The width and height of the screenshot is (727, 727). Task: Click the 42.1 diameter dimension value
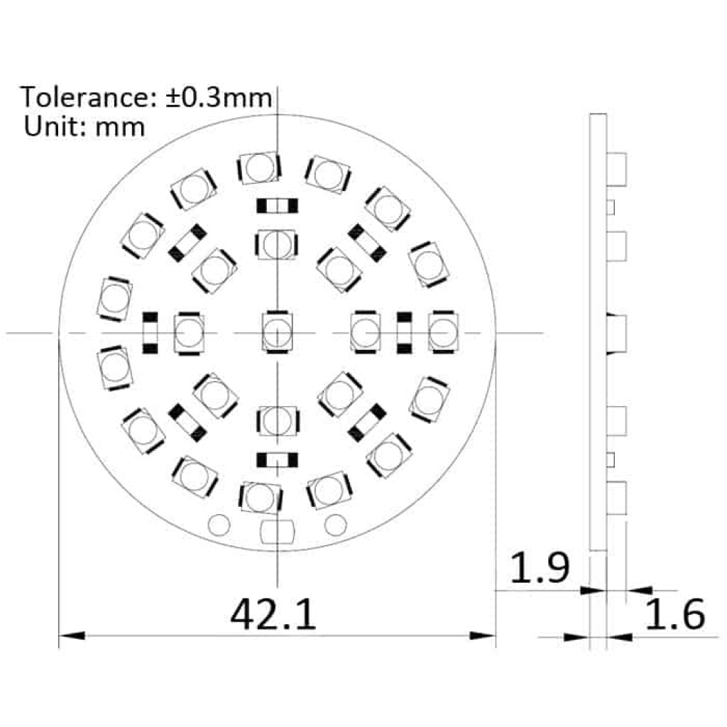pyautogui.click(x=273, y=614)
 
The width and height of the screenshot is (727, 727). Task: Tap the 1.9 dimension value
pyautogui.click(x=540, y=569)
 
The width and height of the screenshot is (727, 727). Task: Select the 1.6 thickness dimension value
pyautogui.click(x=674, y=614)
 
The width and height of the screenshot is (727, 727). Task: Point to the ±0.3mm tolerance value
pyautogui.click(x=219, y=97)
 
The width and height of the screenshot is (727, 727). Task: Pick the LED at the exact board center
pyautogui.click(x=276, y=332)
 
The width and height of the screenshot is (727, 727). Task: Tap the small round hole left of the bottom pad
pyautogui.click(x=220, y=524)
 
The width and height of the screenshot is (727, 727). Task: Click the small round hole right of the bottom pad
pyautogui.click(x=335, y=524)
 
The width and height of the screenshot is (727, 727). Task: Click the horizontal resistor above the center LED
pyautogui.click(x=276, y=207)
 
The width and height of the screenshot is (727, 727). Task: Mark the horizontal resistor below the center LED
pyautogui.click(x=276, y=460)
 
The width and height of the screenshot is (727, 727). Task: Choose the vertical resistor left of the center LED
pyautogui.click(x=150, y=332)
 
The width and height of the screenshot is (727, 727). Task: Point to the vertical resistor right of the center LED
pyautogui.click(x=404, y=332)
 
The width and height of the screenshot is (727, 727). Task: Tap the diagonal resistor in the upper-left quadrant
pyautogui.click(x=187, y=243)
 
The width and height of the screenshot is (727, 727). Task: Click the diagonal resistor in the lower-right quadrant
pyautogui.click(x=367, y=422)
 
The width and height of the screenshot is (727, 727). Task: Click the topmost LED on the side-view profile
pyautogui.click(x=618, y=168)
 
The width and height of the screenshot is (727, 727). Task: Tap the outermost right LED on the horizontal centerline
pyautogui.click(x=443, y=332)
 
